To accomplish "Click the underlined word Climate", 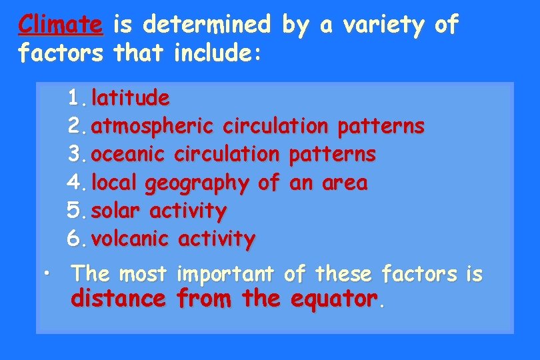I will click(x=61, y=25).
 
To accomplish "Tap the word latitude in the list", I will click(x=131, y=99).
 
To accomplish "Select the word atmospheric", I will click(x=153, y=126).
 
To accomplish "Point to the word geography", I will click(x=197, y=183).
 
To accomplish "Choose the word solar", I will click(x=116, y=211).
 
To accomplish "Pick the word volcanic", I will click(x=130, y=238).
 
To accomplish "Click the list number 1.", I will click(x=75, y=99).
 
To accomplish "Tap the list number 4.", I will click(x=75, y=183).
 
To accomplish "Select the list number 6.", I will click(x=75, y=238).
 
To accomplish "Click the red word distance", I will click(x=118, y=299).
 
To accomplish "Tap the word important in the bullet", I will click(x=226, y=273).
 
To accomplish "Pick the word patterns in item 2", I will click(x=381, y=126).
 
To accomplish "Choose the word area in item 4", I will click(x=344, y=183).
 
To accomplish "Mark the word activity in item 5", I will click(x=188, y=211).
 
